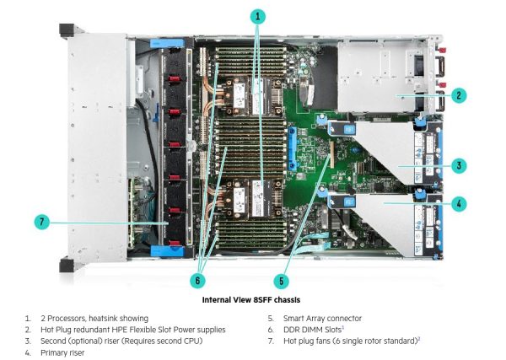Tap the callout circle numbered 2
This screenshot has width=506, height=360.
click(459, 95)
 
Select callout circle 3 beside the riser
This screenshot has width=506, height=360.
click(459, 166)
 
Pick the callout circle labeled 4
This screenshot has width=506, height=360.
click(459, 203)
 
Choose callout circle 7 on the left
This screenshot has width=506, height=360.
click(42, 223)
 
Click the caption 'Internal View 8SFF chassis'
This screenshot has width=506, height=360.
click(252, 299)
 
